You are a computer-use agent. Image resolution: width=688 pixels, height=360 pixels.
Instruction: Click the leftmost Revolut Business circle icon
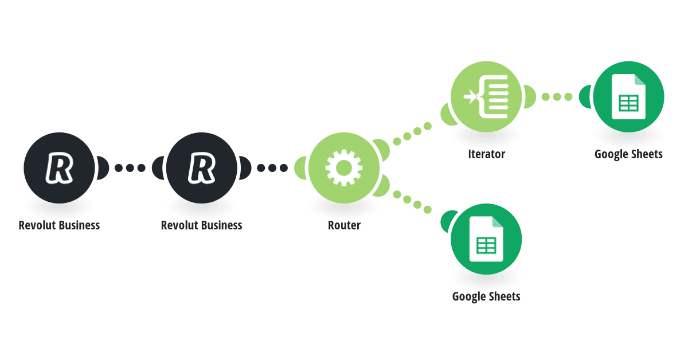click(x=59, y=168)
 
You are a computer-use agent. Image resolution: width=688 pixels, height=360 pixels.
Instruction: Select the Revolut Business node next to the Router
click(x=201, y=168)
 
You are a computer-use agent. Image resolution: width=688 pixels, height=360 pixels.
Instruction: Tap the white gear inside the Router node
click(x=343, y=168)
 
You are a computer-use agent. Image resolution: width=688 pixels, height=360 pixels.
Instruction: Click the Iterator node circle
click(x=486, y=97)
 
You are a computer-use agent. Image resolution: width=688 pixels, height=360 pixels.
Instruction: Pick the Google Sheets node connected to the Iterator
click(x=628, y=97)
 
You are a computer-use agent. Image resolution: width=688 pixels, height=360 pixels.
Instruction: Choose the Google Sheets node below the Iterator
click(x=486, y=239)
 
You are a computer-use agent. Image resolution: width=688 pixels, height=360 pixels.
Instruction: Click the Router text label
click(x=344, y=225)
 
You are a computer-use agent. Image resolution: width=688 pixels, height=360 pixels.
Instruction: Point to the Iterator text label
click(x=487, y=154)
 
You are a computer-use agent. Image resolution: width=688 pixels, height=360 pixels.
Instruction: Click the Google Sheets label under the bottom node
click(x=486, y=297)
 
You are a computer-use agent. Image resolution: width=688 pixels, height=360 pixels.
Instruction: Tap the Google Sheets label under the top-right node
click(x=628, y=154)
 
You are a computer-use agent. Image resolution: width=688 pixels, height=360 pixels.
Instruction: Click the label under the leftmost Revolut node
click(x=59, y=225)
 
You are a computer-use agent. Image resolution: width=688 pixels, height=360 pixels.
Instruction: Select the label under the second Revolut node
click(x=201, y=225)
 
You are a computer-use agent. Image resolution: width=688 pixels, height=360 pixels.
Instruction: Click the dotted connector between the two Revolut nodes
click(x=130, y=168)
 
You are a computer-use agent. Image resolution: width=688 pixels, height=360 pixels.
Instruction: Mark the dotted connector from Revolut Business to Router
click(x=272, y=168)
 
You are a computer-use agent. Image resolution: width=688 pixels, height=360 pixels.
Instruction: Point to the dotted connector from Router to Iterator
click(x=412, y=134)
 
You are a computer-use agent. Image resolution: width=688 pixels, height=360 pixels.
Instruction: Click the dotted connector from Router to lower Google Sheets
click(x=412, y=202)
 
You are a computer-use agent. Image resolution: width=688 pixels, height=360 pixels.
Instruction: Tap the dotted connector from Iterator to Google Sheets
click(x=557, y=97)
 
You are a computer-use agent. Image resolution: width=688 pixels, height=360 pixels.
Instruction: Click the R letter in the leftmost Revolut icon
click(x=59, y=168)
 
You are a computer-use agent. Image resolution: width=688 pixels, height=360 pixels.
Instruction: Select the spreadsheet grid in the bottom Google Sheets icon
click(x=486, y=245)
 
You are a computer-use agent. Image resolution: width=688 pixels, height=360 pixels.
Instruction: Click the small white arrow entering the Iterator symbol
click(x=470, y=97)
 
